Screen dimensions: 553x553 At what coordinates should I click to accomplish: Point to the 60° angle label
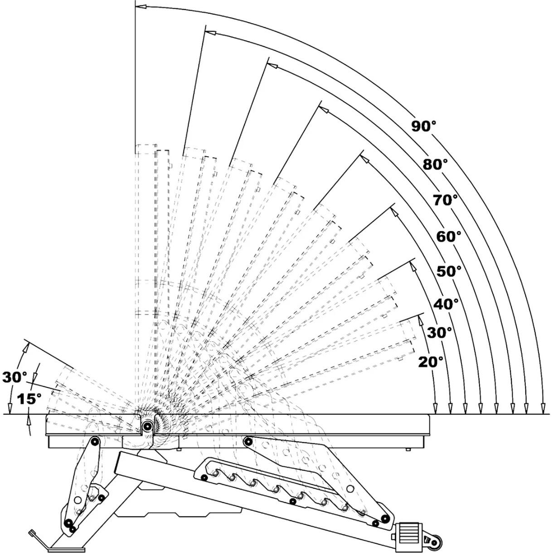click(x=449, y=236)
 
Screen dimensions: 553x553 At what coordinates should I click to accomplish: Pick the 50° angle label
click(x=449, y=271)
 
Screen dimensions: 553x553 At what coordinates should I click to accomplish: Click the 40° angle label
click(x=446, y=304)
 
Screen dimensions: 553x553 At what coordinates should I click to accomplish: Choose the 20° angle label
click(x=431, y=362)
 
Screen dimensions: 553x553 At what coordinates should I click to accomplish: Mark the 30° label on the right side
click(x=440, y=332)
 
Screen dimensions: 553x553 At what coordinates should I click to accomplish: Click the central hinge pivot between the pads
click(x=147, y=426)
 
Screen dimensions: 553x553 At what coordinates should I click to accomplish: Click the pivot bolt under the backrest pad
click(x=248, y=441)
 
